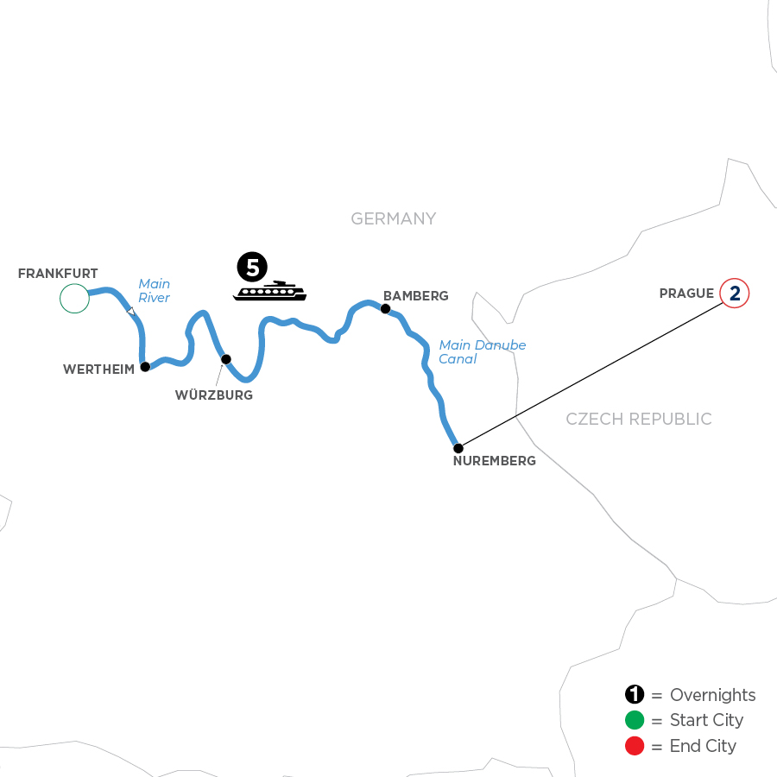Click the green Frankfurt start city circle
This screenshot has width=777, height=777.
(74, 298)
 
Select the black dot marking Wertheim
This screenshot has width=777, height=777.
(145, 366)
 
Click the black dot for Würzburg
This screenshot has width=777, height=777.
(225, 359)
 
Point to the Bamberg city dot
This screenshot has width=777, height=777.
(385, 308)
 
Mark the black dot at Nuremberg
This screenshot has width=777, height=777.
(458, 447)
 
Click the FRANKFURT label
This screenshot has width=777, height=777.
(58, 273)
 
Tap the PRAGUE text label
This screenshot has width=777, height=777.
(686, 294)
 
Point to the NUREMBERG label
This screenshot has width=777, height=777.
(494, 461)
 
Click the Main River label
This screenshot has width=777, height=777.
(155, 291)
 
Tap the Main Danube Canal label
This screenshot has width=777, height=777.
(482, 352)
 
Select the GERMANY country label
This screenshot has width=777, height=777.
(394, 219)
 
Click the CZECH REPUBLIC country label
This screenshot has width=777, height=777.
(639, 420)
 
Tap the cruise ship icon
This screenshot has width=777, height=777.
(269, 291)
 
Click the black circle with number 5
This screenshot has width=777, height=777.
(251, 268)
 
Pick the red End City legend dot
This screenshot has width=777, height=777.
(635, 746)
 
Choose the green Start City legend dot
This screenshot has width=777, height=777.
(635, 721)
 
